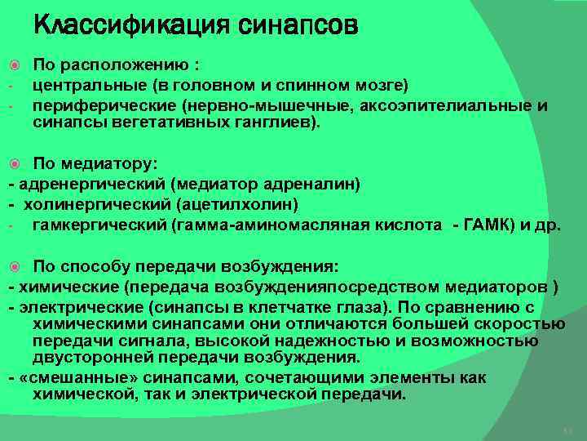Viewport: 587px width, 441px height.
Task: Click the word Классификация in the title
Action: click(130, 25)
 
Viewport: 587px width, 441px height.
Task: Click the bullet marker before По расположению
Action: click(14, 64)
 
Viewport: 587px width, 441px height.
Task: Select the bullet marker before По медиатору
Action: click(14, 163)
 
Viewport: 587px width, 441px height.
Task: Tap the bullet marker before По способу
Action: click(14, 267)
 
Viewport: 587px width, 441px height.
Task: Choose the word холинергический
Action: click(89, 204)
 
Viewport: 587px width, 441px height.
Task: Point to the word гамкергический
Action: click(100, 225)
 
